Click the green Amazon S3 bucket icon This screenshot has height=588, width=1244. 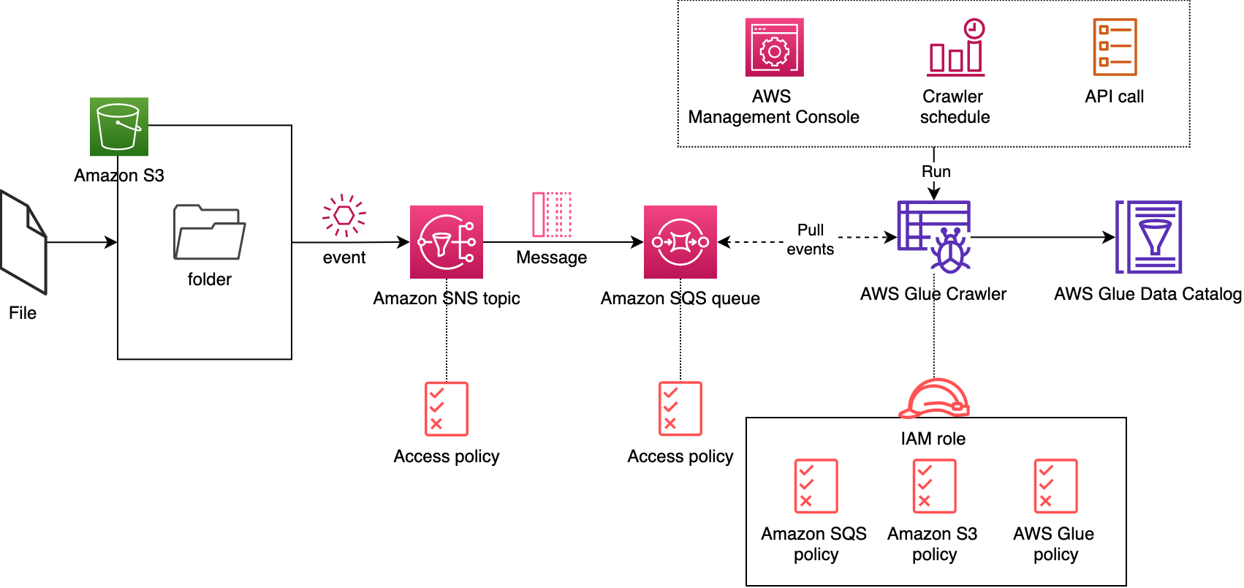tap(119, 127)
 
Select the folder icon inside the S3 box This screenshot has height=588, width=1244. tap(209, 232)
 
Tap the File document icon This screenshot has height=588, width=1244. tap(23, 242)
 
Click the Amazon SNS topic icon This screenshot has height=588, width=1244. tap(447, 242)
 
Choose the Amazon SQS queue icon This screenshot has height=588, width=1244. tap(680, 242)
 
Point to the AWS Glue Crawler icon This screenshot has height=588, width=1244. tap(934, 236)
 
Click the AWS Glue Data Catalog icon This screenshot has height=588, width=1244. tap(1148, 237)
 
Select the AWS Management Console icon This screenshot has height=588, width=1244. tap(775, 48)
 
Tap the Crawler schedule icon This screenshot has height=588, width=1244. tap(956, 48)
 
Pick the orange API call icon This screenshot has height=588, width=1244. tap(1115, 48)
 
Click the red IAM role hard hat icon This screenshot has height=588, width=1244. tap(934, 399)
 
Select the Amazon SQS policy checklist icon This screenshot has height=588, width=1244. tap(816, 486)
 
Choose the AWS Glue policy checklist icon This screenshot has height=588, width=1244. tap(1055, 486)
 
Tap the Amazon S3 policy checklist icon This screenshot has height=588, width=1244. tap(934, 486)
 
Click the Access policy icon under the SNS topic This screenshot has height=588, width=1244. tap(447, 409)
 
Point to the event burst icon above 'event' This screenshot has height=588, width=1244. tap(344, 216)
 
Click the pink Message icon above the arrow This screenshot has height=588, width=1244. tap(552, 214)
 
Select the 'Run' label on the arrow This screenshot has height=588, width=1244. tap(936, 172)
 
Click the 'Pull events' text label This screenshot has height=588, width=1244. tap(811, 239)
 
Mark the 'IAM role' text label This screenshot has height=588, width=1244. tap(933, 439)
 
